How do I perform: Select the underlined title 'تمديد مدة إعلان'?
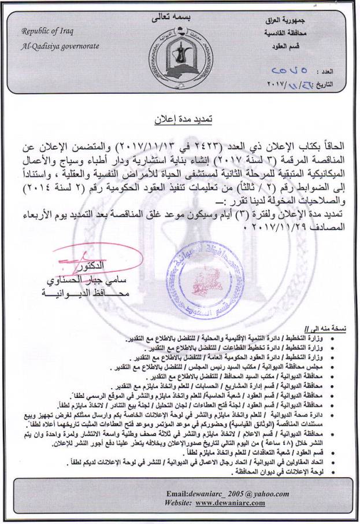point(181,120)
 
